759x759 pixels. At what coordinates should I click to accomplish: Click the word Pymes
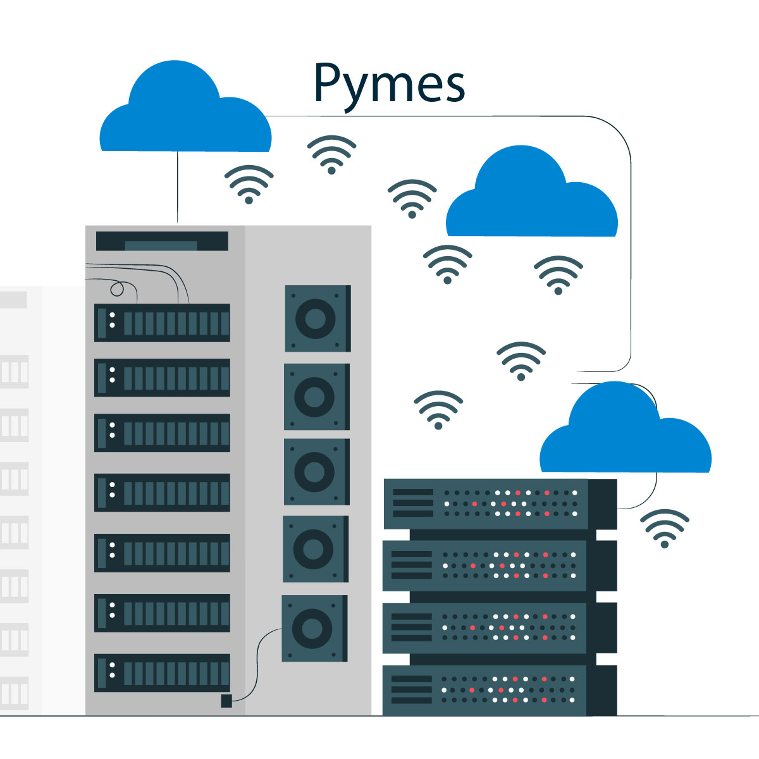[x=389, y=84]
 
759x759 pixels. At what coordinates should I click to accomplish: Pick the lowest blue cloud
[x=625, y=436]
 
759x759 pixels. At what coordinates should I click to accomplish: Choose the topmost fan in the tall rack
[x=317, y=318]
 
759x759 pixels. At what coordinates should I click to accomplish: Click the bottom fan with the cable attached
[x=314, y=628]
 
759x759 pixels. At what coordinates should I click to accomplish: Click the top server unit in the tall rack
[x=162, y=323]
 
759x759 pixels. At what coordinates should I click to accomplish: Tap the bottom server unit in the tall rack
[x=162, y=672]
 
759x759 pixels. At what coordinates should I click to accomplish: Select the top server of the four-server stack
[x=500, y=503]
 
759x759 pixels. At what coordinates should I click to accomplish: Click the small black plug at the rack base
[x=226, y=701]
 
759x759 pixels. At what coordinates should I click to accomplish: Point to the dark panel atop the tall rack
[x=162, y=241]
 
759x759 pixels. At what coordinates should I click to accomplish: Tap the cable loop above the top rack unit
[x=117, y=290]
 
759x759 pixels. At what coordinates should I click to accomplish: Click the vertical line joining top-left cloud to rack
[x=178, y=187]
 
